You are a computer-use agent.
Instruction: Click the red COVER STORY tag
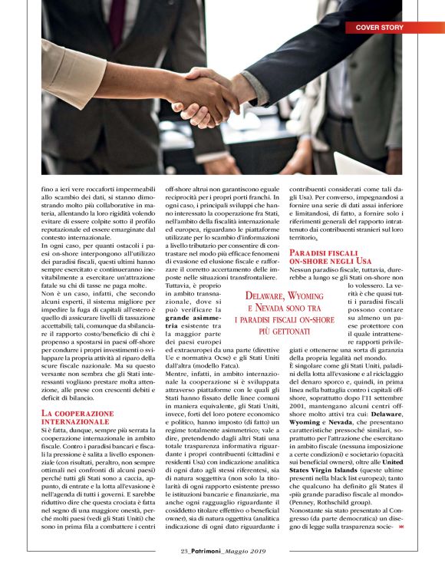pos(378,28)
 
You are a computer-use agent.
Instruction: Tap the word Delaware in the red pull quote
pos(269,295)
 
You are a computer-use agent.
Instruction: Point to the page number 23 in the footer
pos(184,550)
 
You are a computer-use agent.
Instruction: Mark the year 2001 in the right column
pos(302,399)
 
